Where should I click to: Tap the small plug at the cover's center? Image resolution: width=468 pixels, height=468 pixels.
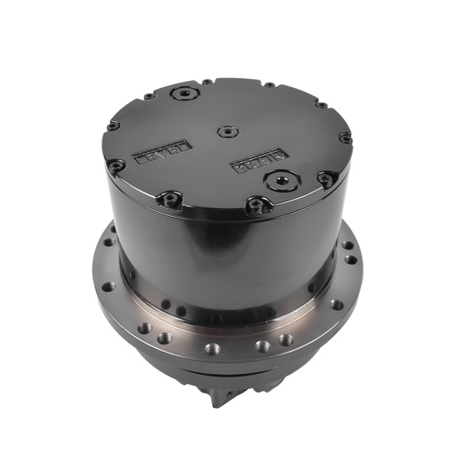tap(227, 132)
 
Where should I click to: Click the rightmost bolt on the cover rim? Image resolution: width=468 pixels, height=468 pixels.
tap(345, 137)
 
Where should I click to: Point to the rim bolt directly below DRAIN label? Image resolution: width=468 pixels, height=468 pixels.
tap(253, 205)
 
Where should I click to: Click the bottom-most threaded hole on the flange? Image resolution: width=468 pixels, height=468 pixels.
tap(211, 348)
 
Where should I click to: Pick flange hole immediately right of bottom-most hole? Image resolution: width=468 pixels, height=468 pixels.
tap(262, 346)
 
